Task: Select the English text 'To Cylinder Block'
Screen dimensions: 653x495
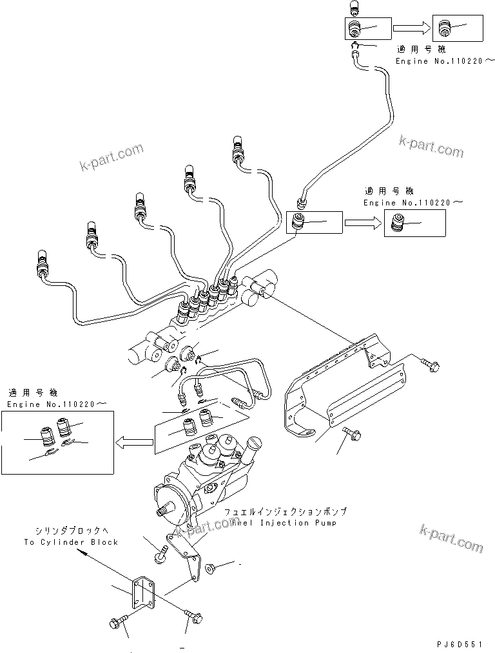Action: tap(71, 542)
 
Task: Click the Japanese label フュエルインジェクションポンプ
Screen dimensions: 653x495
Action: tap(286, 511)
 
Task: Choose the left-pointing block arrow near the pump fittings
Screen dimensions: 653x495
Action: tap(134, 442)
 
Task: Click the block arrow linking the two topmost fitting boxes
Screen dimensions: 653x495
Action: tap(411, 28)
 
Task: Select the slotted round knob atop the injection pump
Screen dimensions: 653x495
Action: tap(257, 444)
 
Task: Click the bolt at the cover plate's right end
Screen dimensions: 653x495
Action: tap(431, 364)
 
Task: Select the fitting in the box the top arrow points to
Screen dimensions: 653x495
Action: tap(443, 28)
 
